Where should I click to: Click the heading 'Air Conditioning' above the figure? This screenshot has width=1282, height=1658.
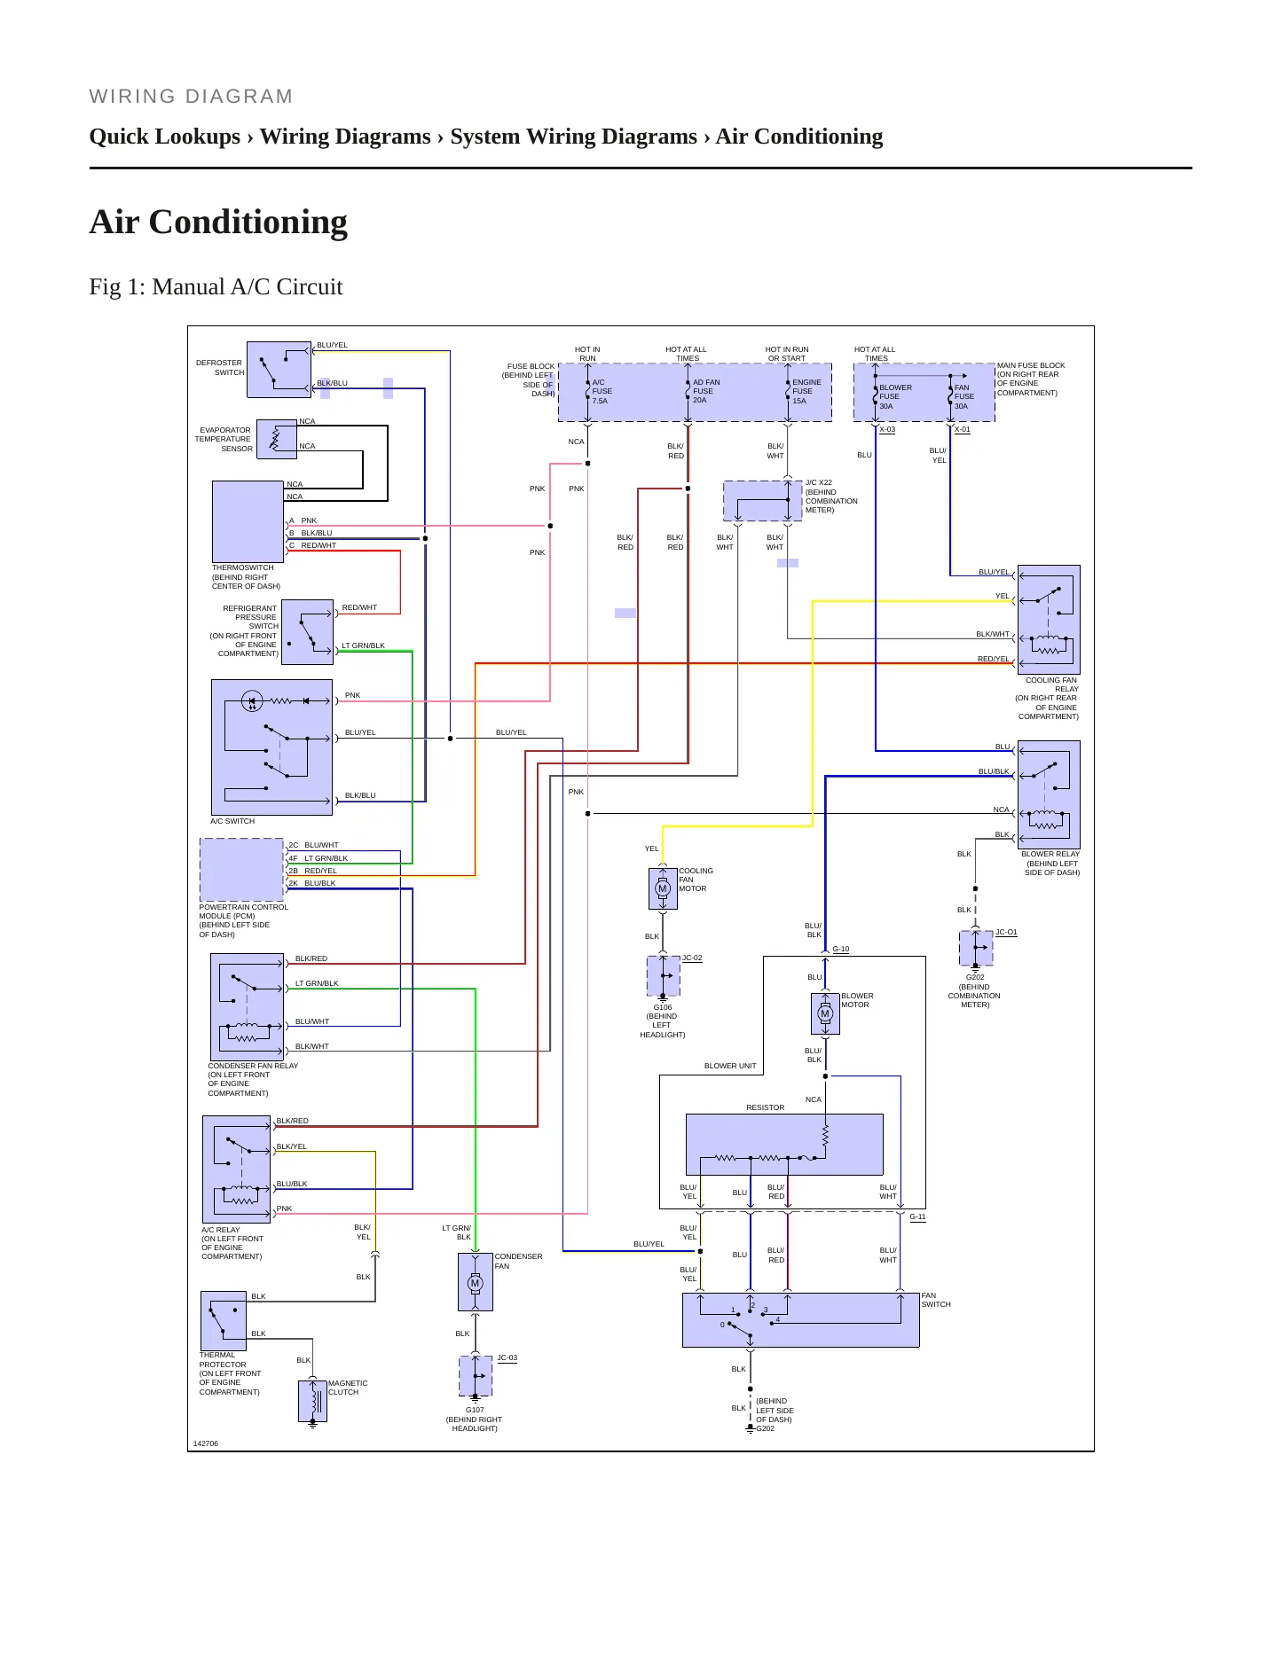pyautogui.click(x=218, y=222)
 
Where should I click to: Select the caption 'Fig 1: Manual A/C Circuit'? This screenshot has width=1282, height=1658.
pyautogui.click(x=216, y=286)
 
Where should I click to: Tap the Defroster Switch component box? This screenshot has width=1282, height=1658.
pyautogui.click(x=279, y=370)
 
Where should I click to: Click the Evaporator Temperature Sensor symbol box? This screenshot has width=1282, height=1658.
pyautogui.click(x=277, y=439)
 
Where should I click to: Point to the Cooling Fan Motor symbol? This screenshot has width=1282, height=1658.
pyautogui.click(x=663, y=888)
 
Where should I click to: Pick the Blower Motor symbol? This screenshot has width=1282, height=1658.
pyautogui.click(x=825, y=1013)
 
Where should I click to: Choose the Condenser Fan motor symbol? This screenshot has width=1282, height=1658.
pyautogui.click(x=476, y=1282)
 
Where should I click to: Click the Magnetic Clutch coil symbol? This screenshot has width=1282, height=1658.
pyautogui.click(x=312, y=1401)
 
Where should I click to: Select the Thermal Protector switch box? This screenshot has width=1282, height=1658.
pyautogui.click(x=224, y=1321)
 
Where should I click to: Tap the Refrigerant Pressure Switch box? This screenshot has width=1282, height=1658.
pyautogui.click(x=307, y=632)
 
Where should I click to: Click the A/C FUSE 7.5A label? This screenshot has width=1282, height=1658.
pyautogui.click(x=602, y=391)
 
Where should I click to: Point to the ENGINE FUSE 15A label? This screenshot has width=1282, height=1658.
pyautogui.click(x=806, y=391)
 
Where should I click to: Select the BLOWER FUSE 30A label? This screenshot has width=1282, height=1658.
pyautogui.click(x=895, y=396)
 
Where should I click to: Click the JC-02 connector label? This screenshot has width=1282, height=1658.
pyautogui.click(x=692, y=958)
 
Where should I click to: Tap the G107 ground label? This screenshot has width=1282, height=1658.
pyautogui.click(x=475, y=1410)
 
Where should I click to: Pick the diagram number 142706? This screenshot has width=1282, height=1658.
pyautogui.click(x=206, y=1443)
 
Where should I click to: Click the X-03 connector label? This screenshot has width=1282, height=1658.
pyautogui.click(x=887, y=429)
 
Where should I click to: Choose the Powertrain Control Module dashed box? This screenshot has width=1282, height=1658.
pyautogui.click(x=241, y=870)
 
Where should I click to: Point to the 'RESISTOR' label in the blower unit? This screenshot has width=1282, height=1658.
pyautogui.click(x=765, y=1107)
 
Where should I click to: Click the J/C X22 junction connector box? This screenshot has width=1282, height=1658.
pyautogui.click(x=763, y=501)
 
